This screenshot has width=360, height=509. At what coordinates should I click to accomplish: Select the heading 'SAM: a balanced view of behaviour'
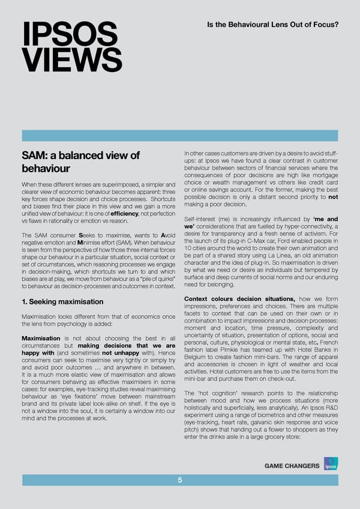click(x=80, y=162)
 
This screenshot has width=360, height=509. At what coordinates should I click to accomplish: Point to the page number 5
click(x=180, y=480)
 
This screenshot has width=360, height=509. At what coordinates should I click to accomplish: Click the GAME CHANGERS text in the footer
click(x=289, y=466)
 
